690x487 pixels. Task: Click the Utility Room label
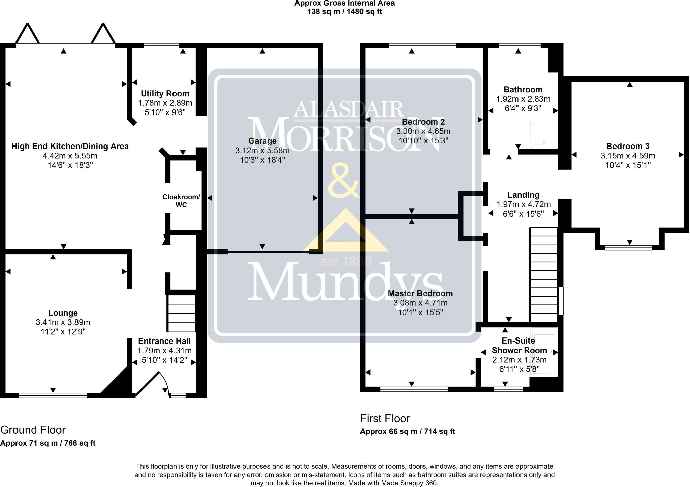[165, 93]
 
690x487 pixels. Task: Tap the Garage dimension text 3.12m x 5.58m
[262, 150]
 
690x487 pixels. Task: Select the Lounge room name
[63, 313]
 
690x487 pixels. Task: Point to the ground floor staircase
[182, 314]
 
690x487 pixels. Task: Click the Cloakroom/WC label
[181, 201]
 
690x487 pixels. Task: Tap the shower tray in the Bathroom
[544, 134]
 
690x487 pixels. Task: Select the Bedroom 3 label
[628, 146]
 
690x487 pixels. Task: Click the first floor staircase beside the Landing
[544, 275]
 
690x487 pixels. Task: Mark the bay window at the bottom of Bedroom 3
[628, 248]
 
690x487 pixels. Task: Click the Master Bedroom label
[420, 293]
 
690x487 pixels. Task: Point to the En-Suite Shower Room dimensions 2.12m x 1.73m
[519, 360]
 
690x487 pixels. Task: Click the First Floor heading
[385, 418]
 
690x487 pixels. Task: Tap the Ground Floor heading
[33, 430]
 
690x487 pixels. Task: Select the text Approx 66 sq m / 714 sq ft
[407, 431]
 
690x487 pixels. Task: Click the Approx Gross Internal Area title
[344, 4]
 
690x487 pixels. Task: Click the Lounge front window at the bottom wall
[53, 395]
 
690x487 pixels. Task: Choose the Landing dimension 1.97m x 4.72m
[523, 204]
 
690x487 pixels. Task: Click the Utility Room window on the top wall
[161, 46]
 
